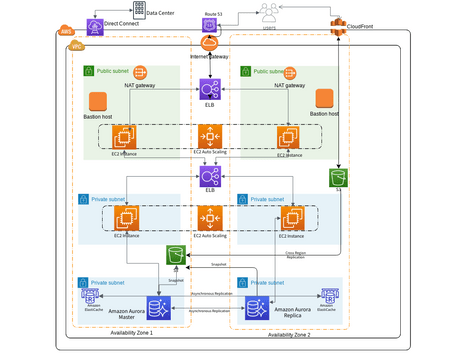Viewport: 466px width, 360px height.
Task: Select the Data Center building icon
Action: (138, 11)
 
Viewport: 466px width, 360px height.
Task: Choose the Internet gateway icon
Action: (209, 44)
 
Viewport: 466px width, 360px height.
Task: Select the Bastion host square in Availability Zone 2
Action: (323, 98)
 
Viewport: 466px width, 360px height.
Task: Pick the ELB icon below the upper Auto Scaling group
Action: (210, 177)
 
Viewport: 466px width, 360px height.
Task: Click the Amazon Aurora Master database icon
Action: (157, 306)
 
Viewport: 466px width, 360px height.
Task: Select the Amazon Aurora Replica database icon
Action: (256, 306)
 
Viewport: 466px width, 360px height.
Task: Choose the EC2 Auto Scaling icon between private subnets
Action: (210, 216)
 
